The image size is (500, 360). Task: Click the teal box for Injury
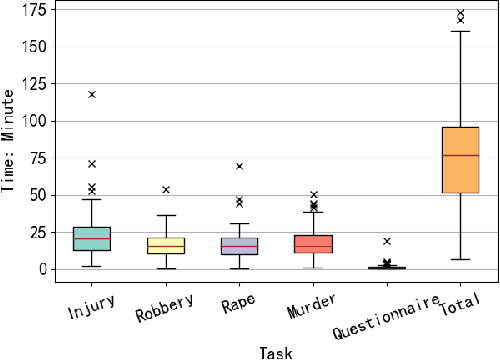click(x=92, y=238)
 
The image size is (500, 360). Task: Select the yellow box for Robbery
click(x=166, y=246)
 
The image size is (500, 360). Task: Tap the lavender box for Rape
click(x=240, y=246)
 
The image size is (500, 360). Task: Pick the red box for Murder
click(x=313, y=243)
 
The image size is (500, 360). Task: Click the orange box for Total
click(x=461, y=160)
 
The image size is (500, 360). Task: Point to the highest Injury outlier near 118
click(x=92, y=94)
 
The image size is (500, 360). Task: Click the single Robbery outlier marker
click(x=166, y=189)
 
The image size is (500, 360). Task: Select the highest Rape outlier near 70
click(x=240, y=166)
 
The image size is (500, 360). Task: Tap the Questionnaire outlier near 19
click(x=387, y=241)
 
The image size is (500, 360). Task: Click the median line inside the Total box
click(x=461, y=155)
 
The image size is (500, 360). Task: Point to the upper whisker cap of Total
click(x=461, y=31)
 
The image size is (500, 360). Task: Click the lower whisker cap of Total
click(x=461, y=259)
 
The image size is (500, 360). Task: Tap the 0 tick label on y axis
click(x=44, y=269)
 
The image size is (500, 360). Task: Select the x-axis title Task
click(x=275, y=351)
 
